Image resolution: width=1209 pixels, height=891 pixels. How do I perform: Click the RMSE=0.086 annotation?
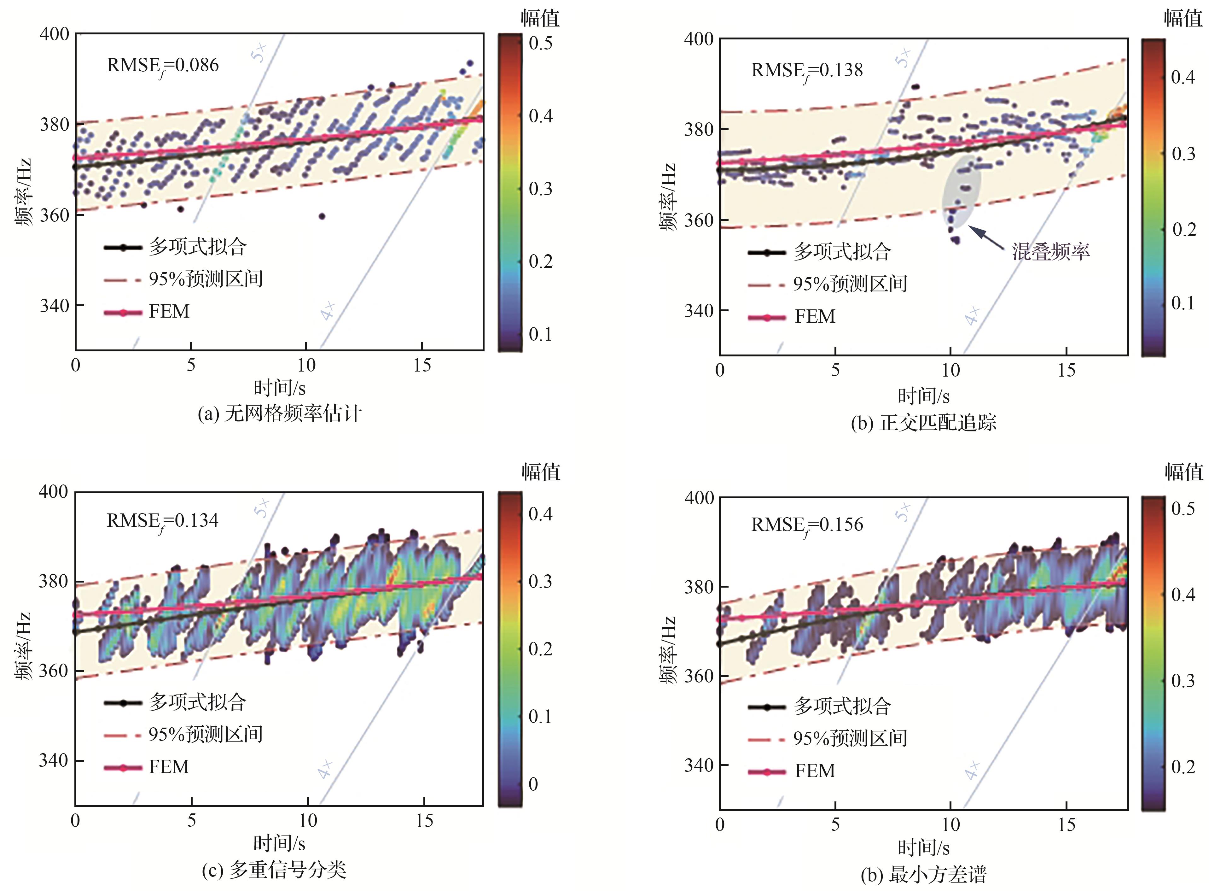click(163, 66)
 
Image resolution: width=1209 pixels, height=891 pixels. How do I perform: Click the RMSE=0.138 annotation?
click(807, 71)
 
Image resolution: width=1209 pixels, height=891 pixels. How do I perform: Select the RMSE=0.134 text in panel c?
click(162, 521)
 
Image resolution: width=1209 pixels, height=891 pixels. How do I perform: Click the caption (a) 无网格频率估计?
click(279, 414)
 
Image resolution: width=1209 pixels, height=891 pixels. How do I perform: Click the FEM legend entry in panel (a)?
click(169, 312)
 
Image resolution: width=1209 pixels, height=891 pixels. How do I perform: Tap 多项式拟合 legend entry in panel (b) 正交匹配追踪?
click(842, 252)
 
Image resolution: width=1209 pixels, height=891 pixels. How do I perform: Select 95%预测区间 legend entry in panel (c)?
click(205, 735)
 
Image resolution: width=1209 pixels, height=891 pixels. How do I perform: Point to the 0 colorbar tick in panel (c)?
click(533, 784)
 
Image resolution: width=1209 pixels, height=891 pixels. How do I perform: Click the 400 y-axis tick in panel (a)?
click(55, 34)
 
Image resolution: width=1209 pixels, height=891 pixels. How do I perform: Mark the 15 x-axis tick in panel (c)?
click(424, 821)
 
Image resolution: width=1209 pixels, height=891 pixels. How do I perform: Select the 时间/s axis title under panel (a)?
click(279, 388)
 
